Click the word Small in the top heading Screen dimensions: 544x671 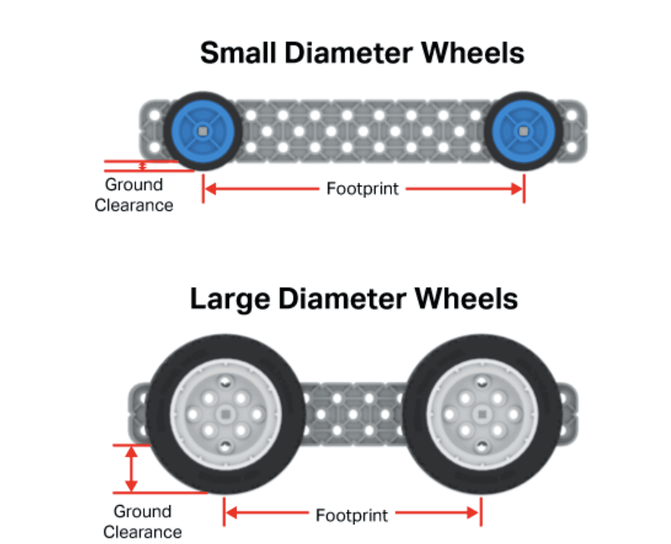pyautogui.click(x=238, y=54)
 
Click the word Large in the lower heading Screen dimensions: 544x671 pyautogui.click(x=229, y=299)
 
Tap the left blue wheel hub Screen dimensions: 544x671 pyautogui.click(x=203, y=131)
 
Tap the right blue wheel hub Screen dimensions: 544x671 pyautogui.click(x=523, y=131)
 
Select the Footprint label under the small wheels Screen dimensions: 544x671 pyautogui.click(x=362, y=189)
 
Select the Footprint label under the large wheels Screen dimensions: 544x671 pyautogui.click(x=352, y=516)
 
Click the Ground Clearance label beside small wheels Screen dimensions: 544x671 pyautogui.click(x=134, y=195)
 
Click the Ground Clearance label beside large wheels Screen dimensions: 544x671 pyautogui.click(x=142, y=521)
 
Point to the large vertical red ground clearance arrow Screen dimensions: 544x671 pyautogui.click(x=131, y=469)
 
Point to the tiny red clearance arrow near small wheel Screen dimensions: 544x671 pyautogui.click(x=143, y=165)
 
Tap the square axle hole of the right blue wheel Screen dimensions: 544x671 pyautogui.click(x=523, y=131)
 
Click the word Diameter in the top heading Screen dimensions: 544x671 pyautogui.click(x=348, y=54)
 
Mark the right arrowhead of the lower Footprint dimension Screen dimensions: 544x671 pyautogui.click(x=473, y=513)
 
